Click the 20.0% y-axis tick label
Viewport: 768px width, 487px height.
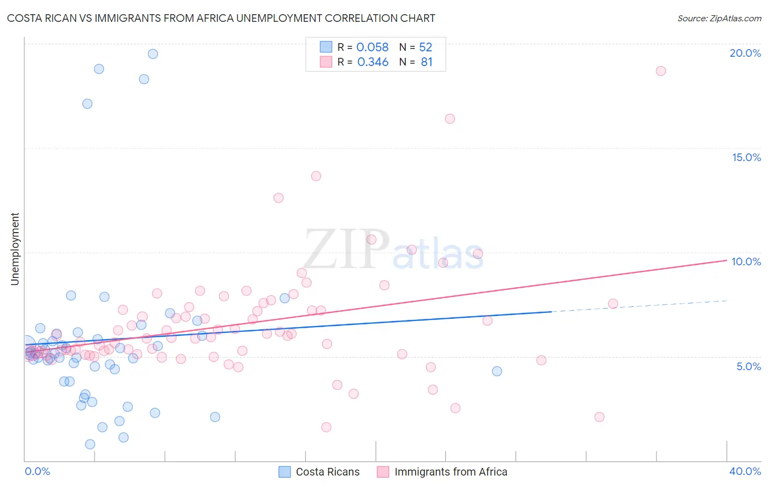coord(745,53)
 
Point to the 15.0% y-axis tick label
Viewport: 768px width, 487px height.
coord(746,157)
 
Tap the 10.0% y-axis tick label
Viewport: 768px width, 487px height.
coord(746,262)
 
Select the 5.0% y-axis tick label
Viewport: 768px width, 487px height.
coord(748,366)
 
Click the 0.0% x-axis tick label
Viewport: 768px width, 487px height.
coord(37,471)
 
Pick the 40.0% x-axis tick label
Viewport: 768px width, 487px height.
coord(745,471)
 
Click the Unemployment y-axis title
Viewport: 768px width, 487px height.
coord(15,249)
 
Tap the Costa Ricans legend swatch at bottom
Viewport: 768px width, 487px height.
coord(285,472)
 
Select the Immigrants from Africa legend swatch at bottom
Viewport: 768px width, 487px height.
coord(383,472)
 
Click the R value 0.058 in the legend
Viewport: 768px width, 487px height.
coord(372,47)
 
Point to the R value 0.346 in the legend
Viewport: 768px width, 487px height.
coord(373,62)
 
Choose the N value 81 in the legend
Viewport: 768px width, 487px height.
coord(427,62)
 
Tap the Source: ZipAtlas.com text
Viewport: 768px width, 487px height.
coord(719,19)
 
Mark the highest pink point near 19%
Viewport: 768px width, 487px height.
coord(660,71)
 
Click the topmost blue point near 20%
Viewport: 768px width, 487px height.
coord(153,54)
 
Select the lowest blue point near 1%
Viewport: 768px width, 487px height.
coord(90,444)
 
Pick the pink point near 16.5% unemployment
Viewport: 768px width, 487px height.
coord(450,119)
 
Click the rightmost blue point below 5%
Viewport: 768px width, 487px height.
coord(497,371)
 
